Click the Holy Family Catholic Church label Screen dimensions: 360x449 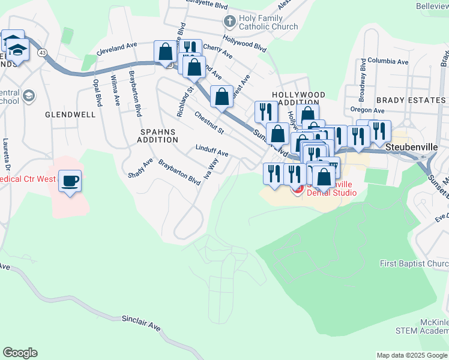[x=268, y=23]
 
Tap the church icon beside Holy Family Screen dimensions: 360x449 [x=229, y=22]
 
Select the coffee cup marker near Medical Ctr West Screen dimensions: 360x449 [x=70, y=180]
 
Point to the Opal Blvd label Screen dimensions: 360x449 [x=96, y=92]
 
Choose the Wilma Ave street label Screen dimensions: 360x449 [x=113, y=89]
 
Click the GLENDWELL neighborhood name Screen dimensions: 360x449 [x=70, y=113]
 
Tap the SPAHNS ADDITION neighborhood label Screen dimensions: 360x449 [x=159, y=135]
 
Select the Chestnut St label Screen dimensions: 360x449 [x=208, y=122]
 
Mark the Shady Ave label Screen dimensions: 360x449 [x=140, y=169]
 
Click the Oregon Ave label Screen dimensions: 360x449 [x=367, y=110]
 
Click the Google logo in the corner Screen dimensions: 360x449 [x=20, y=353]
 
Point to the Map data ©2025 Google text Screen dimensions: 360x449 [x=411, y=355]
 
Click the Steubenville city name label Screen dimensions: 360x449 [x=412, y=146]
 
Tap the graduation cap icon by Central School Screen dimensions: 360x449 [x=28, y=96]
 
